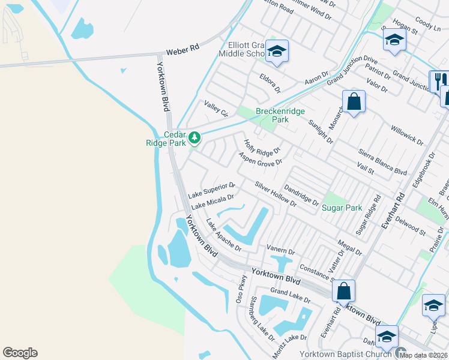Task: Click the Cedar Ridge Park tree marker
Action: pyautogui.click(x=194, y=139)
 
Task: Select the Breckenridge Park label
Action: pyautogui.click(x=280, y=115)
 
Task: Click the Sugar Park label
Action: pyautogui.click(x=342, y=208)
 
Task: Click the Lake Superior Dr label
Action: pyautogui.click(x=211, y=190)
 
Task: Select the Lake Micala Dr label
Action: pyautogui.click(x=212, y=201)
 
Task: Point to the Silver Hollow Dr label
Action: pyautogui.click(x=276, y=194)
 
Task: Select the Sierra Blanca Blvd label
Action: pyautogui.click(x=382, y=162)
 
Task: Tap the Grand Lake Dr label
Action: pyautogui.click(x=290, y=295)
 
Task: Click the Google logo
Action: pyautogui.click(x=20, y=353)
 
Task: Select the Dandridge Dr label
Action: pyautogui.click(x=301, y=194)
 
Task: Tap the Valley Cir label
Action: pyautogui.click(x=217, y=109)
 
